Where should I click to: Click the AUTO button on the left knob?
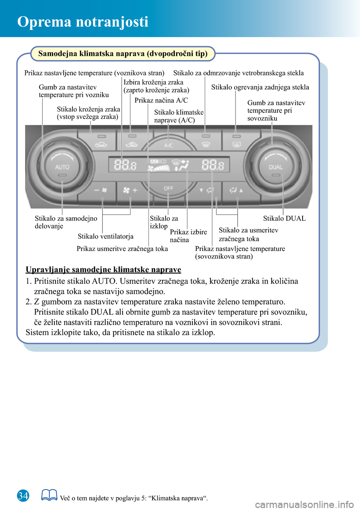pyautogui.click(x=62, y=167)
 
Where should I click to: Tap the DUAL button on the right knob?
pyautogui.click(x=275, y=167)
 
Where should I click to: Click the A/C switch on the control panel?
pyautogui.click(x=168, y=144)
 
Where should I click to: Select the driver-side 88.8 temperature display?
pyautogui.click(x=125, y=165)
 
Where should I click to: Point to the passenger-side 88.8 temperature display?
pyautogui.click(x=213, y=165)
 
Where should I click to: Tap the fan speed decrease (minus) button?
pyautogui.click(x=100, y=190)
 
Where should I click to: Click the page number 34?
pyautogui.click(x=23, y=496)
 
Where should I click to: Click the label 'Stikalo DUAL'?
pyautogui.click(x=284, y=218)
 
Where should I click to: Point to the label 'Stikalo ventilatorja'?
pyautogui.click(x=105, y=236)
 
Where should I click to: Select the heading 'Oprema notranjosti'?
pyautogui.click(x=83, y=22)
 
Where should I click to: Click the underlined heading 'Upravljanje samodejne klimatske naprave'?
pyautogui.click(x=103, y=269)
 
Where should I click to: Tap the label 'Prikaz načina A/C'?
pyautogui.click(x=161, y=100)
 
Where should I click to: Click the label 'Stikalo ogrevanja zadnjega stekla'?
pyautogui.click(x=260, y=87)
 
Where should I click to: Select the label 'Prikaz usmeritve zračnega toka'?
pyautogui.click(x=122, y=249)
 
